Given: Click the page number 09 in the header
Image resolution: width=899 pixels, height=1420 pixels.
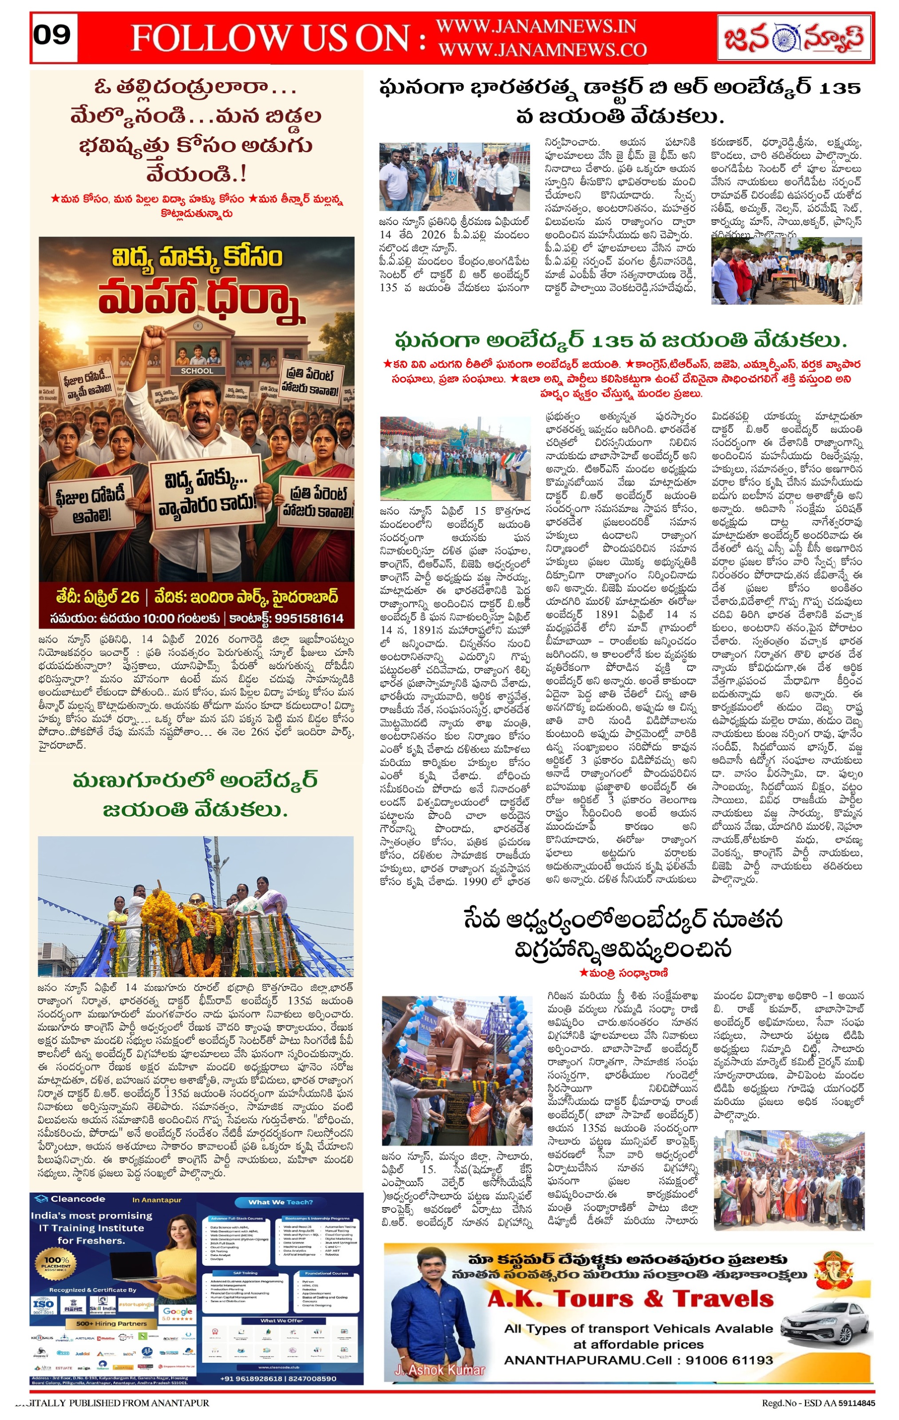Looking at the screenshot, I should point(52,35).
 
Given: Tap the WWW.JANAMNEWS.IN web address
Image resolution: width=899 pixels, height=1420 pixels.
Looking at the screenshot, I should point(535,27).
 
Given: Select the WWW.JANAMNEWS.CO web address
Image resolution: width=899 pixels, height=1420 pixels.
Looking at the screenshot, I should point(542,50).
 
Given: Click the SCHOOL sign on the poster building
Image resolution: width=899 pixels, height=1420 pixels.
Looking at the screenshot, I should point(197,371).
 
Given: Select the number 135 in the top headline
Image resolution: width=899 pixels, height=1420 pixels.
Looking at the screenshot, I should point(835,88).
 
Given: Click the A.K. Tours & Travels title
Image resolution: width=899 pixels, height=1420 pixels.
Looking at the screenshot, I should point(630,1298).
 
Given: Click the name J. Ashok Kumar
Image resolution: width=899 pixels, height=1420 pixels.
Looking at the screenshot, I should point(440,1370).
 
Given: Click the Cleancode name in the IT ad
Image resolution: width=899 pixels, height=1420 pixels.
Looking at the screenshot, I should point(78,1199).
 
